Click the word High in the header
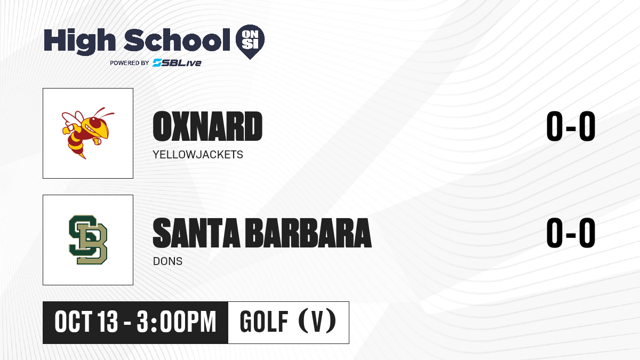point(79,41)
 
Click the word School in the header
point(177,40)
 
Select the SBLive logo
point(177,63)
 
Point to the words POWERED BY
point(130,63)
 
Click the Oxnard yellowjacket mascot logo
point(88,133)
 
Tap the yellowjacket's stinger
point(83,156)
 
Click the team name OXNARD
point(207,126)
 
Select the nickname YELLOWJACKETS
point(198,155)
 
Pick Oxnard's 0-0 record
point(571,126)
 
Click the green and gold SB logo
point(88,239)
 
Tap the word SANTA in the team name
point(197,233)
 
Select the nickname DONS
point(167,261)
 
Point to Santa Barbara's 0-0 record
point(571,233)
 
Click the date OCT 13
point(86,322)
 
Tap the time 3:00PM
point(177,322)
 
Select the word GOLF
point(264,322)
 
